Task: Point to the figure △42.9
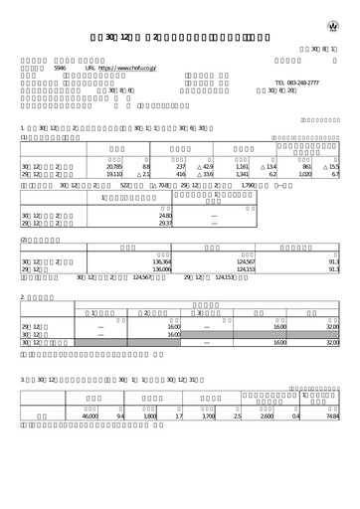pyautogui.click(x=206, y=165)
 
